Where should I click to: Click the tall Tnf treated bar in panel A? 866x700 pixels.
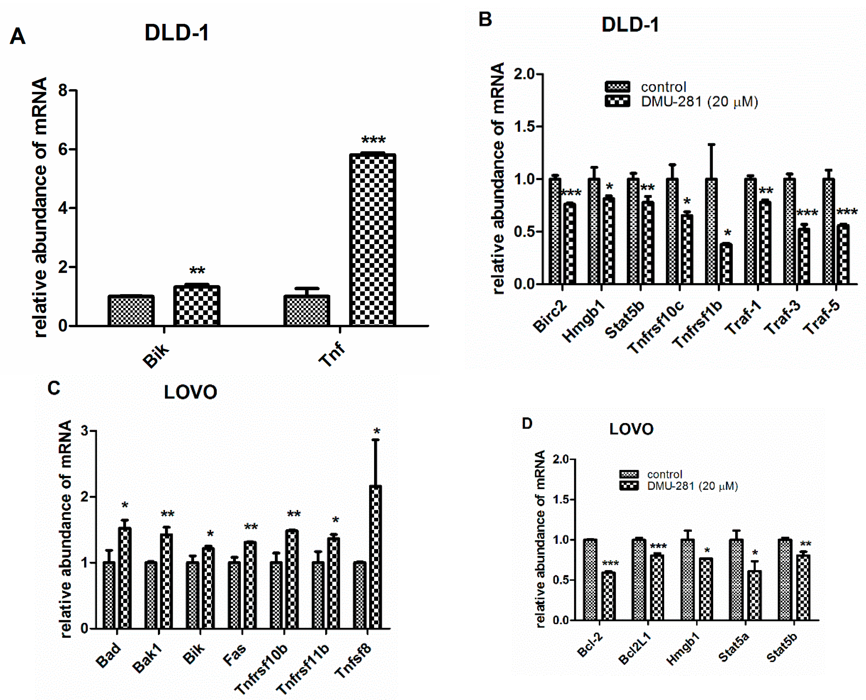(x=372, y=240)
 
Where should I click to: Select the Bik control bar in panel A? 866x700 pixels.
(x=131, y=310)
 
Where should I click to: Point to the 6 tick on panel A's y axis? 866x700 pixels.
(x=63, y=149)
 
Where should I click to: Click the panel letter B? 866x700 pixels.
(x=485, y=19)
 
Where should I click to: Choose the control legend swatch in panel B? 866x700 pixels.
(x=617, y=86)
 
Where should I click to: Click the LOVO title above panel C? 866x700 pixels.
(x=190, y=392)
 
